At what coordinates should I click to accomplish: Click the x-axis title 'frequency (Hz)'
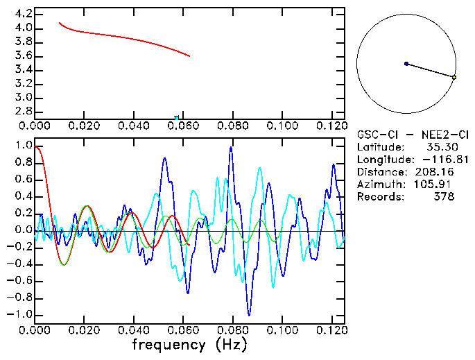tap(189, 345)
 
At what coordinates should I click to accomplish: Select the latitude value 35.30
tap(440, 147)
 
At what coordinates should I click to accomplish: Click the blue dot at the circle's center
tap(406, 64)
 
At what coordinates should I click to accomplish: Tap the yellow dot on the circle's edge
tap(454, 78)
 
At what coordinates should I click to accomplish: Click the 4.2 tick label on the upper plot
tap(23, 14)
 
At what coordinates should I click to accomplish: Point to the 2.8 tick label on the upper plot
tap(23, 111)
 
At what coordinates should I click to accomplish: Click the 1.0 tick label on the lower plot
tap(23, 146)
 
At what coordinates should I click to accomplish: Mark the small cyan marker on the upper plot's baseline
tap(177, 118)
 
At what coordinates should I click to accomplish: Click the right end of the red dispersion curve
tap(189, 56)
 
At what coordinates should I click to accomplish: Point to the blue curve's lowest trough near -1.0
tap(249, 314)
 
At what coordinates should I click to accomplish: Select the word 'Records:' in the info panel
tap(380, 197)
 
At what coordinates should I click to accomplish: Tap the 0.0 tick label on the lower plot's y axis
tap(23, 230)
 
